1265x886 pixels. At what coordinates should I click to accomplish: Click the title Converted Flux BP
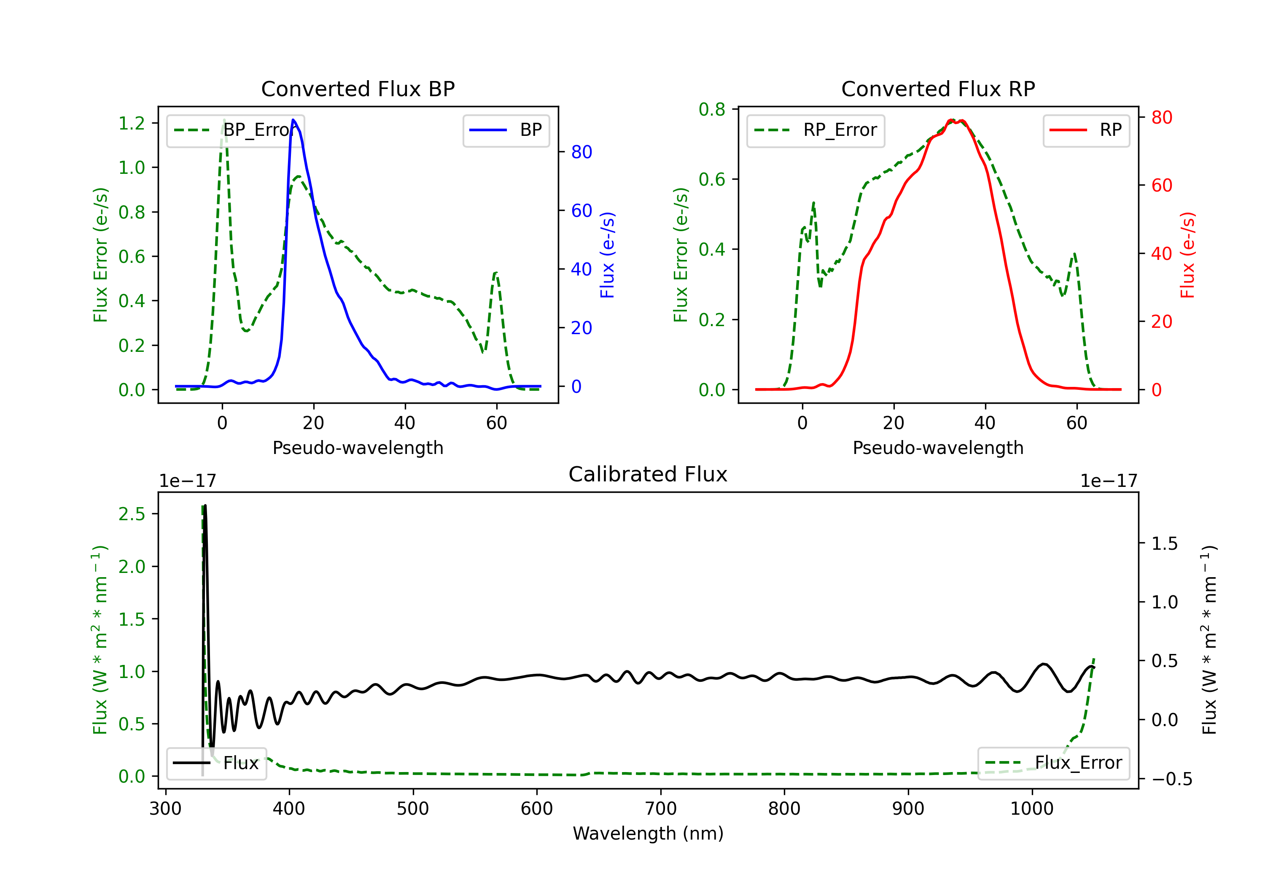pyautogui.click(x=358, y=89)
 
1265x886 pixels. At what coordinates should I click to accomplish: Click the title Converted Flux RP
pyautogui.click(x=938, y=89)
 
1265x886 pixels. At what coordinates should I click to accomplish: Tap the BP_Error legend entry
pyautogui.click(x=235, y=130)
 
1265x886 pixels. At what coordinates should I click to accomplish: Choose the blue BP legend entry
pyautogui.click(x=506, y=130)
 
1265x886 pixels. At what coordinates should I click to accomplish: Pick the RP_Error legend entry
pyautogui.click(x=816, y=130)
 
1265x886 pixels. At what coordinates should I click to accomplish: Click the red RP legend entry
pyautogui.click(x=1086, y=130)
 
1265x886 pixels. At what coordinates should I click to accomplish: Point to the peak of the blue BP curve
pyautogui.click(x=293, y=120)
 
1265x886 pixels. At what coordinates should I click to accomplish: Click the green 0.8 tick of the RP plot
pyautogui.click(x=712, y=110)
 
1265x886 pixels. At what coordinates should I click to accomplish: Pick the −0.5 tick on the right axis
pyautogui.click(x=1171, y=778)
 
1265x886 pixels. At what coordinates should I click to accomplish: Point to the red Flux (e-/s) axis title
pyautogui.click(x=1187, y=255)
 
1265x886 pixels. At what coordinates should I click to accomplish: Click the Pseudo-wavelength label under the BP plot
pyautogui.click(x=358, y=448)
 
